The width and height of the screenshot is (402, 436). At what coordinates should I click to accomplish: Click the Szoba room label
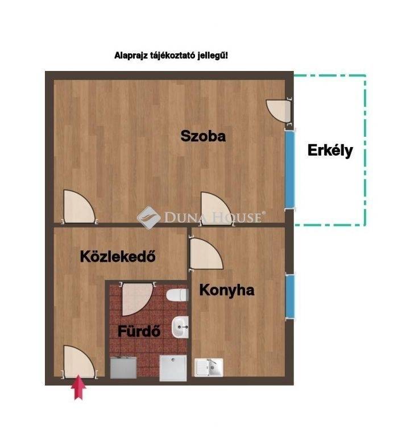tap(203, 136)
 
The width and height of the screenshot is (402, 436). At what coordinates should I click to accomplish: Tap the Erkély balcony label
tap(330, 151)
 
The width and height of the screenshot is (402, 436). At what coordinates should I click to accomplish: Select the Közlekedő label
tap(118, 256)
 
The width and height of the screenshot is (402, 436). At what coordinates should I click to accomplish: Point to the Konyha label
tap(227, 290)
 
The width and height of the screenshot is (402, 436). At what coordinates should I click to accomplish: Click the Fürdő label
tap(139, 331)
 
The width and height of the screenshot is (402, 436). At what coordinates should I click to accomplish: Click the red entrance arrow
tap(78, 387)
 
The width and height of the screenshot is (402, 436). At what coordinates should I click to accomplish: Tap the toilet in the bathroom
tap(177, 295)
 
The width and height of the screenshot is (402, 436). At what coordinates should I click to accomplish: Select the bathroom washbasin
tap(180, 327)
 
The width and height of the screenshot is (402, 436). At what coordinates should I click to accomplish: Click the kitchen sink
tap(209, 367)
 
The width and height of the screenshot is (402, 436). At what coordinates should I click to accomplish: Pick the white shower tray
tap(173, 368)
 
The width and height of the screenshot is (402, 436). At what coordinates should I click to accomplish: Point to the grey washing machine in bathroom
tap(123, 367)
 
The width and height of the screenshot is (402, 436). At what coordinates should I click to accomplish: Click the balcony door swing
tap(279, 111)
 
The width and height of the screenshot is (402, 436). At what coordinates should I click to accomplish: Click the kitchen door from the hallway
tap(206, 254)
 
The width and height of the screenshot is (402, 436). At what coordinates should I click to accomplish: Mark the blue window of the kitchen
tap(290, 297)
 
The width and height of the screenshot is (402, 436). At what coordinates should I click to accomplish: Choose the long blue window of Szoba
tap(290, 169)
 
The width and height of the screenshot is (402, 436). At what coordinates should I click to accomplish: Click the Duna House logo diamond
tap(149, 217)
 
